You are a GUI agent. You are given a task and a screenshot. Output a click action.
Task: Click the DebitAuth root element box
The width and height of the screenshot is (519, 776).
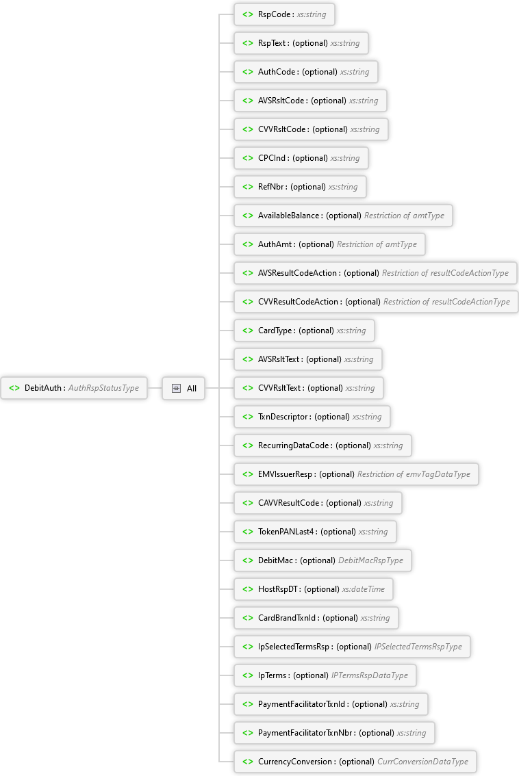coord(74,388)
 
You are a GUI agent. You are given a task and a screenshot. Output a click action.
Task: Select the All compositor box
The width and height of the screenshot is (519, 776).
coord(183,388)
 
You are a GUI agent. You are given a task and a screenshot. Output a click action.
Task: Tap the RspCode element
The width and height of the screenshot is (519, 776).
coord(284,14)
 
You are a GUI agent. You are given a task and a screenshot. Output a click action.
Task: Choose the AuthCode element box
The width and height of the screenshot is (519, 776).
coord(305,72)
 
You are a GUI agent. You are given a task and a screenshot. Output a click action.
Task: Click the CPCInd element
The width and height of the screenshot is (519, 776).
coord(301,158)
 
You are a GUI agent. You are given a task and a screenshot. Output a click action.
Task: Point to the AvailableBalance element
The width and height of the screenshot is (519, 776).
coord(343,216)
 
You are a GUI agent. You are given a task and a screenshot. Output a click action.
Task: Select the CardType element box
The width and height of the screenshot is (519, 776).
coord(304,331)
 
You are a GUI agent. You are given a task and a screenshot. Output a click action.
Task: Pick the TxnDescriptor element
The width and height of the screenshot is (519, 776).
coord(312,417)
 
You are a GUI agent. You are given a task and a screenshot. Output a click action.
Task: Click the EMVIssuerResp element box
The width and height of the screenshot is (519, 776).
coord(356,474)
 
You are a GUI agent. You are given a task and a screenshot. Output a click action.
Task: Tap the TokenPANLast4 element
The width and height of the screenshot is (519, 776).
coord(315,532)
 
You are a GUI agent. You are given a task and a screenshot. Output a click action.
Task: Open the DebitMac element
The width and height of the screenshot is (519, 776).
coord(322,560)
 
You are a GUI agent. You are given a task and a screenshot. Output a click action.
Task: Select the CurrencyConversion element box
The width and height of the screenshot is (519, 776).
coord(355,762)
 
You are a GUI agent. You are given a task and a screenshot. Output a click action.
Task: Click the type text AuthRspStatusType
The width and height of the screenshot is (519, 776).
coord(103,388)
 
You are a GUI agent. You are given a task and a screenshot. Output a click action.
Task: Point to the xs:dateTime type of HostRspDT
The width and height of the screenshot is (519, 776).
coord(364,589)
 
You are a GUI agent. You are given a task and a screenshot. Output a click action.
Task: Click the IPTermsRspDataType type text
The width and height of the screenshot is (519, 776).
coord(370,675)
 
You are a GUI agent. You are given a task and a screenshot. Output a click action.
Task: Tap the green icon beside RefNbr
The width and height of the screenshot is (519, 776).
coord(247,187)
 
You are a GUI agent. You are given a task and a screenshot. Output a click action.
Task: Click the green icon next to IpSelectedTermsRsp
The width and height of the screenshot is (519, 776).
coord(247,647)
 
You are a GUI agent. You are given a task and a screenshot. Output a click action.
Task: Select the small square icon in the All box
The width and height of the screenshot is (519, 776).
coord(176,388)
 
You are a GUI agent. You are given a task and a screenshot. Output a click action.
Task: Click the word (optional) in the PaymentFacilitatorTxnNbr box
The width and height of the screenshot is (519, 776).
coord(377,733)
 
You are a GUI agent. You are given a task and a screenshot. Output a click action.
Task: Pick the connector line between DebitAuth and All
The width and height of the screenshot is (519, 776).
coord(155,388)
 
